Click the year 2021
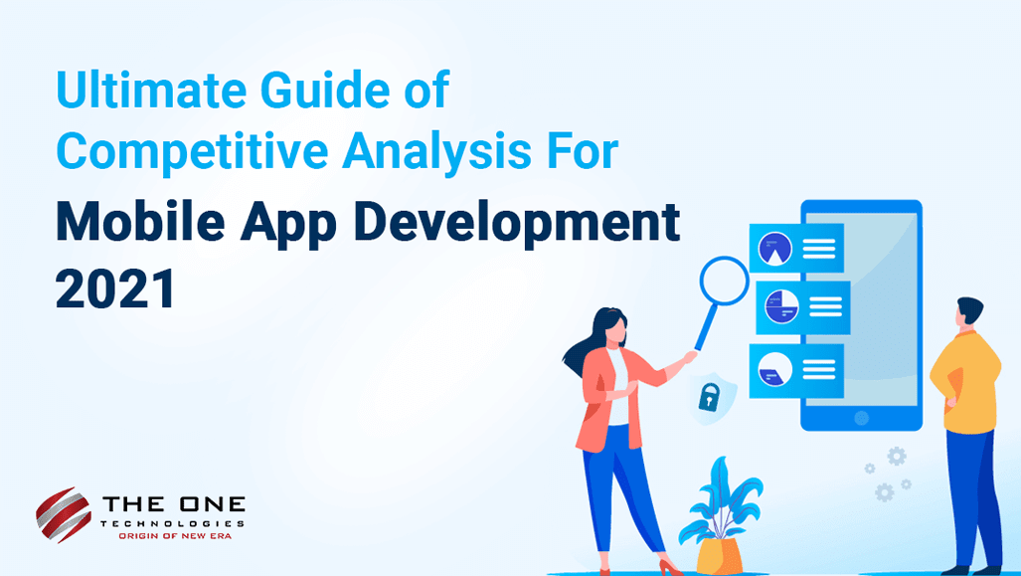point(115,288)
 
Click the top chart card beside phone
point(796,248)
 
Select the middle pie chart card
point(801,307)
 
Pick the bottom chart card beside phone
point(796,370)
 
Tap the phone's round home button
point(862,418)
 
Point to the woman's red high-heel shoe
point(668,566)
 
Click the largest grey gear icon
point(897,456)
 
